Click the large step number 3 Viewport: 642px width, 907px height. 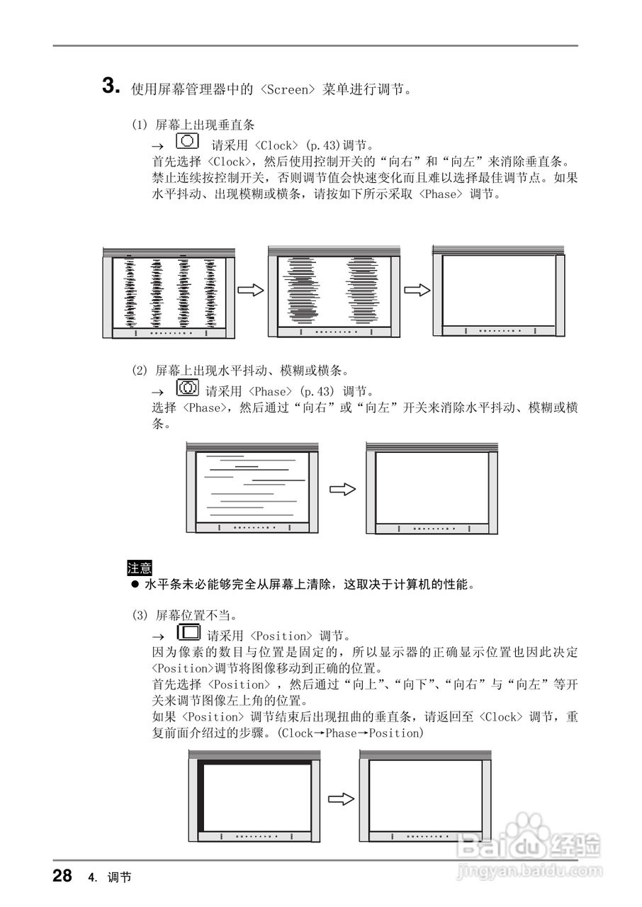[111, 86]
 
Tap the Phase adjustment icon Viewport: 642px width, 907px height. [187, 388]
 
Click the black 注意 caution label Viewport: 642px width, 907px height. [139, 568]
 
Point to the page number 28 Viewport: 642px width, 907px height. [62, 876]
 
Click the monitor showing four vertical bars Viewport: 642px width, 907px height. [169, 292]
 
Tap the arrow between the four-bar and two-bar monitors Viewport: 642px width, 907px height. [250, 291]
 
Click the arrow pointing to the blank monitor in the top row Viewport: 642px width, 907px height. [417, 291]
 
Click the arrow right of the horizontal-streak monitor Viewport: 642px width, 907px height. [344, 490]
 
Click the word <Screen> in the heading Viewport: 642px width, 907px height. [286, 90]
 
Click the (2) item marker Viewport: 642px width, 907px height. [140, 371]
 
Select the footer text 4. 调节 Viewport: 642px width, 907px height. [110, 878]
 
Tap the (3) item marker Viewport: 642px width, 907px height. [140, 615]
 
